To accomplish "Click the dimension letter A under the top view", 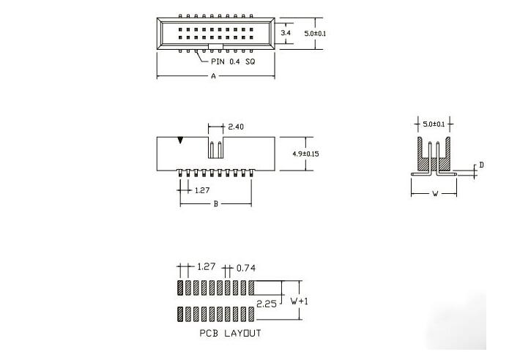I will tap(213, 76).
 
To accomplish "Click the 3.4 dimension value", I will tap(287, 34).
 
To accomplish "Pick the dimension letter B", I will tap(215, 203).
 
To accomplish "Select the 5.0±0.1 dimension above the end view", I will tap(434, 121).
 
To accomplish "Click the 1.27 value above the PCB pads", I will tap(207, 268).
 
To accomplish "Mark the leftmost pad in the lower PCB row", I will tap(180, 313).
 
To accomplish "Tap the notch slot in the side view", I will tap(215, 148).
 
